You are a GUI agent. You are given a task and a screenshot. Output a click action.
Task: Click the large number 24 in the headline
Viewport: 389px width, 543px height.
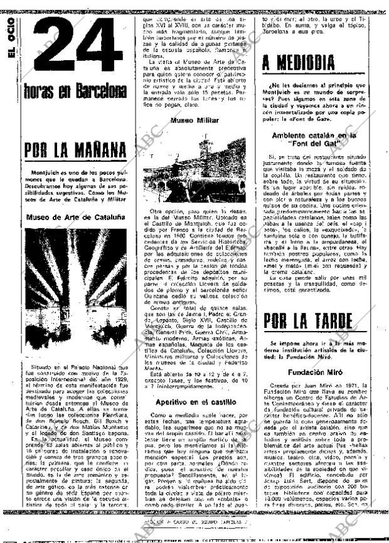(x=77, y=48)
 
